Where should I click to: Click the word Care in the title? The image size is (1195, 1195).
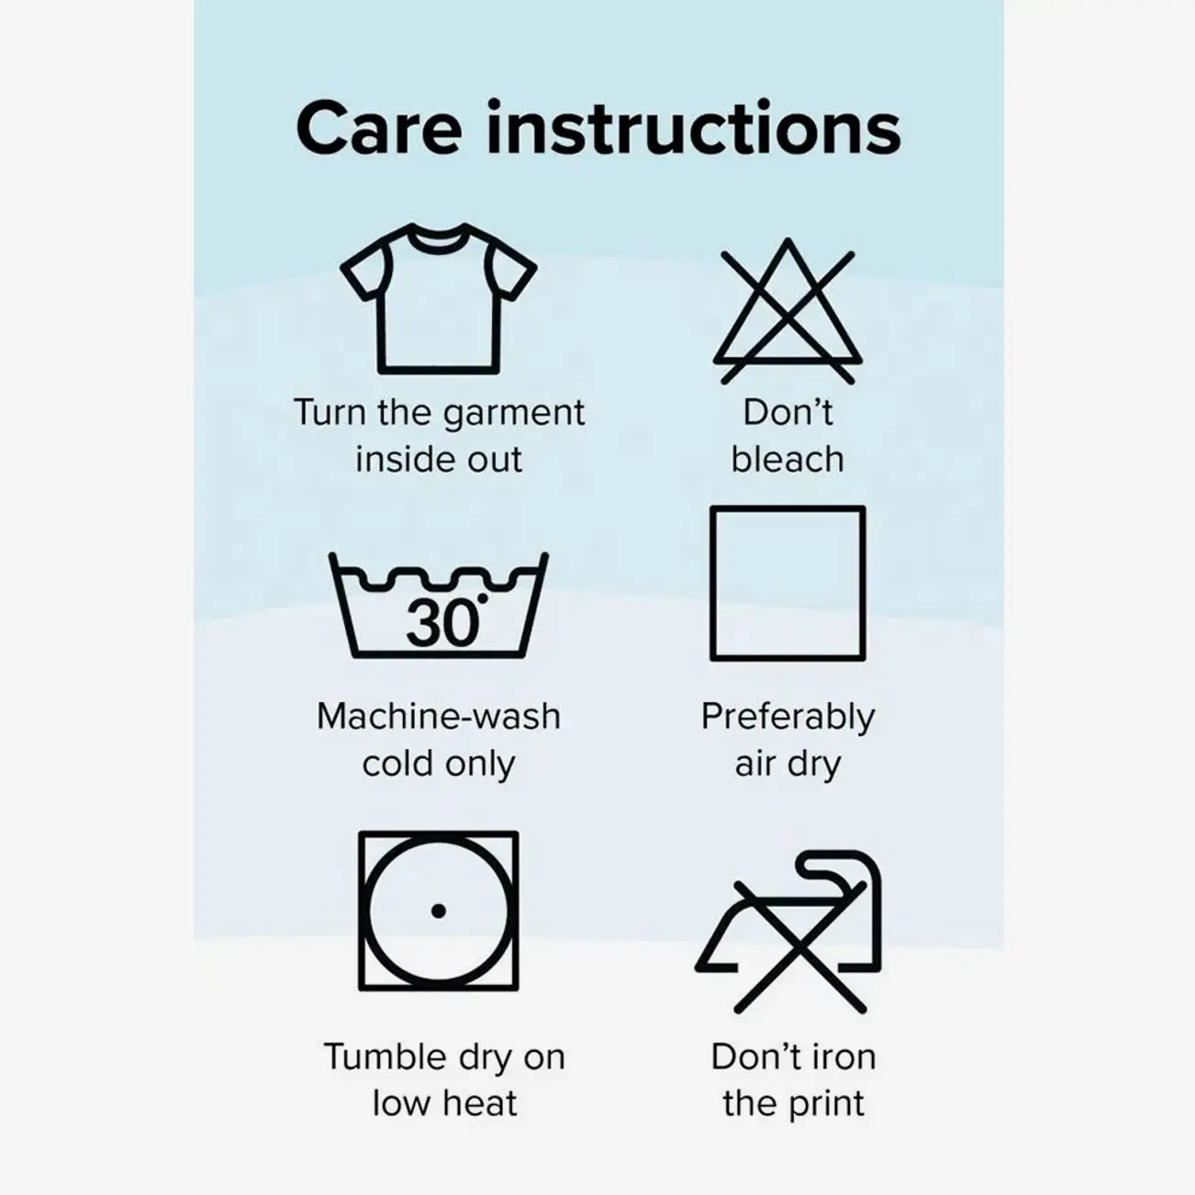point(379,129)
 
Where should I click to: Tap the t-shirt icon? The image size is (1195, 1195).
point(439,298)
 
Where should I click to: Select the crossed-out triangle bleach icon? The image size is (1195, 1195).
point(787,311)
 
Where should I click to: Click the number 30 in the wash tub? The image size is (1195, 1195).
point(442,623)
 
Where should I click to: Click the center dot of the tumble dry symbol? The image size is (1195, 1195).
point(439,911)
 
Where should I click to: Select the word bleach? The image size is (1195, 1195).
point(787,460)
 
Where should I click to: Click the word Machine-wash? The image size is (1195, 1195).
point(439,716)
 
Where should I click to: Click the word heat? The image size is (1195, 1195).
point(480,1103)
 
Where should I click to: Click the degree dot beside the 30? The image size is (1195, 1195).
point(483,597)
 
